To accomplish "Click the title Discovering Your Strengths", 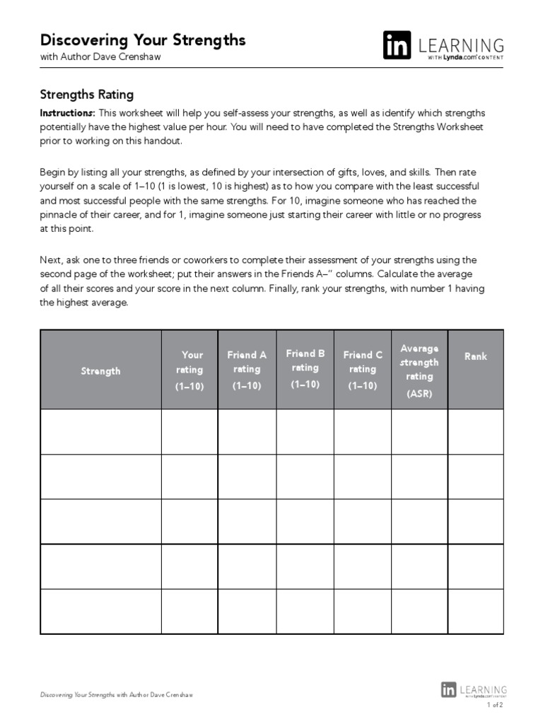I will coord(143,40).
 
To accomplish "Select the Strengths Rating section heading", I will coord(86,95).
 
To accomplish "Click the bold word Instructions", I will coord(66,113).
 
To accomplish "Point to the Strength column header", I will coord(100,370).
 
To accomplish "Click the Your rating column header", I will coord(189,370).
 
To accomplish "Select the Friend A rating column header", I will coord(247,370).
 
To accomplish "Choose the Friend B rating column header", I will coord(305,368).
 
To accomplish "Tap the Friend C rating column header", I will coord(362,370).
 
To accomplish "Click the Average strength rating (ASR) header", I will coord(419,370).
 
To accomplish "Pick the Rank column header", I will coord(475,356).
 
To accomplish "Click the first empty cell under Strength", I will coord(100,431).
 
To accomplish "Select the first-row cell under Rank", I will coord(475,431).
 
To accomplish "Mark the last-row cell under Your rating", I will coord(189,612).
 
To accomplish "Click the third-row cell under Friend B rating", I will coord(305,522).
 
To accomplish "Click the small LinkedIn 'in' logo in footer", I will coord(448,689).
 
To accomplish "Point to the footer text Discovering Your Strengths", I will coord(77,695).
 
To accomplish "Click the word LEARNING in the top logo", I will coord(461,45).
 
